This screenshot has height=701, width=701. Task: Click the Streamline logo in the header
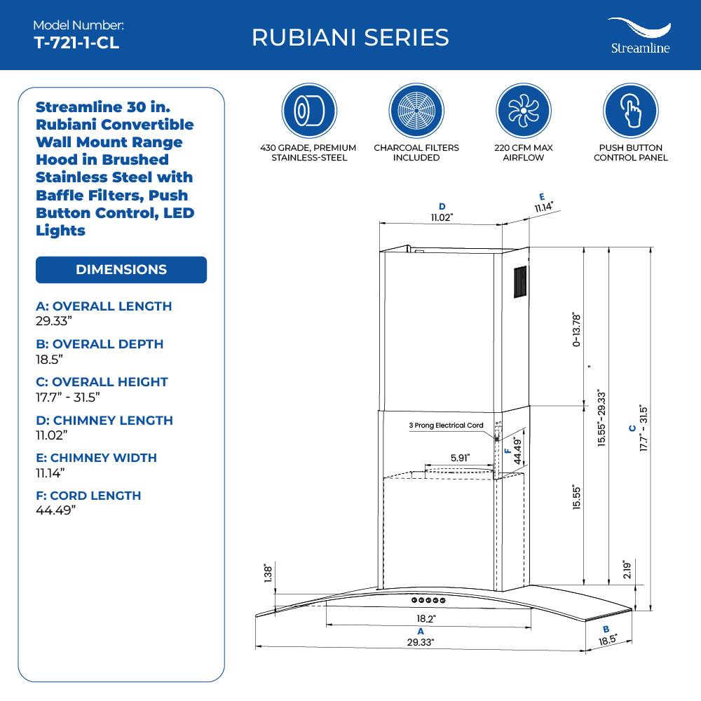coord(638,36)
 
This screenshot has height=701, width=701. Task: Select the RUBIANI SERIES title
coord(350,37)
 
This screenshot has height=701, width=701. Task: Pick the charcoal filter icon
coord(416,111)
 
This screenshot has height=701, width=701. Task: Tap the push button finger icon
coord(630,111)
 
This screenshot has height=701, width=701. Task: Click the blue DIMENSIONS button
coord(121,270)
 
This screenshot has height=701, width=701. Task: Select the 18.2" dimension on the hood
coord(426,619)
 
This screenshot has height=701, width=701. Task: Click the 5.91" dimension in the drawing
coord(460,458)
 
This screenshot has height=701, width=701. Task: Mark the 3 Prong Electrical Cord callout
coord(447,426)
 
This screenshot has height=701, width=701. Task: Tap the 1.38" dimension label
coord(267,574)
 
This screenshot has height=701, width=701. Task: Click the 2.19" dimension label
coord(627,569)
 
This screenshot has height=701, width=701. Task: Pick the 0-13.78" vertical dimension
coord(576,329)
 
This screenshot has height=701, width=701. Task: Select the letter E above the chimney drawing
coord(542,197)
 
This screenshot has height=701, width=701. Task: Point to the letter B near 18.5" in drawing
coord(606,629)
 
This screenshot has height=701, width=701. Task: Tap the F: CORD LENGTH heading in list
coord(88,496)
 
